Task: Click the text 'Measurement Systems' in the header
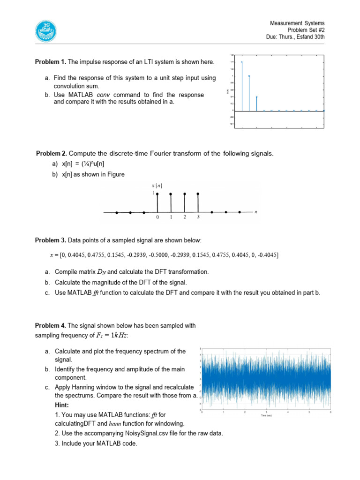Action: [297, 23]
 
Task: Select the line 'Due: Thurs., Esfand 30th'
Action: [295, 36]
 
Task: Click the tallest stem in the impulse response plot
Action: [241, 86]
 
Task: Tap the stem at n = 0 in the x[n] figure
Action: [157, 202]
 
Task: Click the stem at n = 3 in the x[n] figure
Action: [198, 202]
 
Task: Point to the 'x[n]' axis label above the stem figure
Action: [157, 186]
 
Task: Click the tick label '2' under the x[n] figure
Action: [185, 217]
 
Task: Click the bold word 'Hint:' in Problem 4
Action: [62, 405]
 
